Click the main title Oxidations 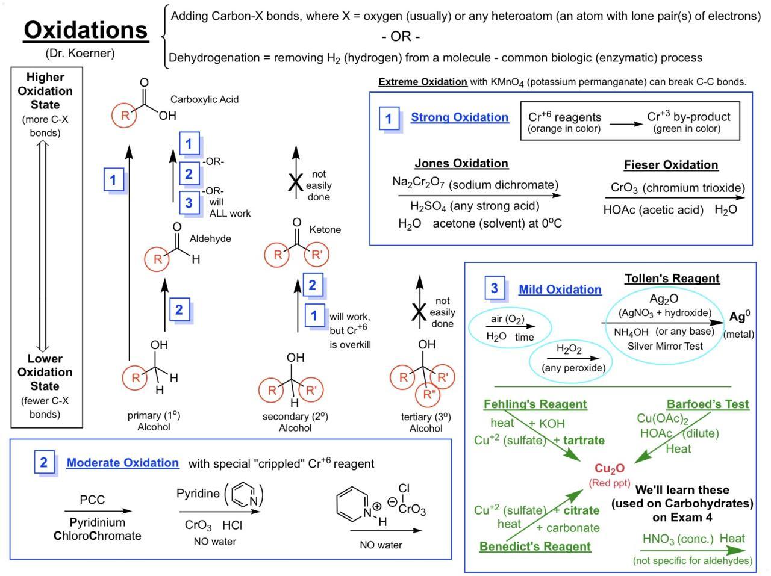pyautogui.click(x=86, y=30)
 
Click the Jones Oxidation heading pyautogui.click(x=461, y=163)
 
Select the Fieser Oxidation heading pyautogui.click(x=671, y=165)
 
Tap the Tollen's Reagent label pyautogui.click(x=672, y=279)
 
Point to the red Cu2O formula pyautogui.click(x=610, y=468)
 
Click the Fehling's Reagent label pyautogui.click(x=535, y=404)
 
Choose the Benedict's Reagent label pyautogui.click(x=535, y=547)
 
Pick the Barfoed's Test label pyautogui.click(x=708, y=404)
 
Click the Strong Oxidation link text pyautogui.click(x=460, y=117)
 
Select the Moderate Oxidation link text pyautogui.click(x=122, y=463)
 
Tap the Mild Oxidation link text pyautogui.click(x=560, y=290)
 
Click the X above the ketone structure pyautogui.click(x=295, y=184)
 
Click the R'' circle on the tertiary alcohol pyautogui.click(x=429, y=395)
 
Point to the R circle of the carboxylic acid pyautogui.click(x=125, y=115)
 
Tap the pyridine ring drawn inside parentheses pyautogui.click(x=244, y=495)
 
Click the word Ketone pyautogui.click(x=325, y=229)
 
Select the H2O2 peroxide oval pyautogui.click(x=569, y=358)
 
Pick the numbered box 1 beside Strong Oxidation pyautogui.click(x=389, y=119)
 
